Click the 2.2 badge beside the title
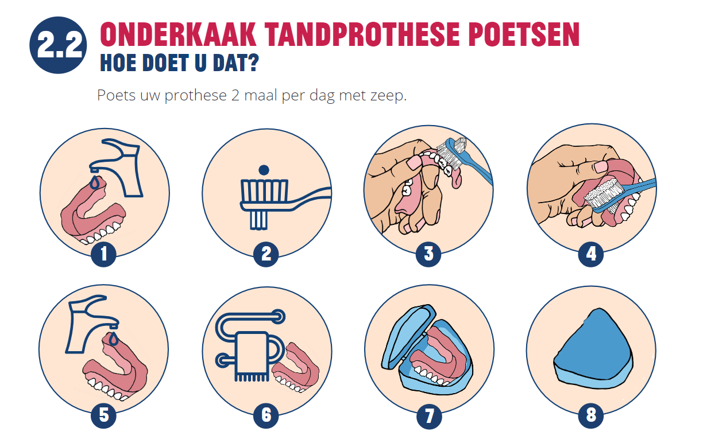pos(58,45)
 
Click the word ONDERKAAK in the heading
pos(178,34)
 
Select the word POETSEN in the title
pos(525,34)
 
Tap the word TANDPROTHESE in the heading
pos(363,34)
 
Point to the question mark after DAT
pos(253,63)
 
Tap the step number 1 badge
pos(103,254)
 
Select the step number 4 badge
pos(591,254)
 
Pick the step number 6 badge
pos(266,415)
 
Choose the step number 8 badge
pos(591,415)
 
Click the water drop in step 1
pos(94,182)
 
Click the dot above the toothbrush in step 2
pos(264,170)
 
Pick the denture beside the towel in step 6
pos(295,368)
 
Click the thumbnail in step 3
pos(414,162)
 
